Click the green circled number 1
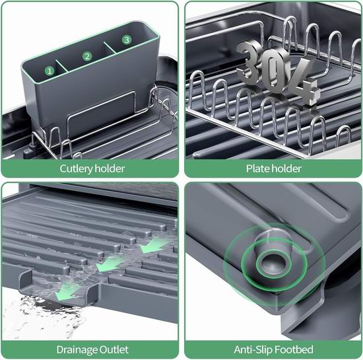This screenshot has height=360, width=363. (49, 71)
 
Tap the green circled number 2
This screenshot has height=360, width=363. (87, 56)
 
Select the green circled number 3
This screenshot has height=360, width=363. (127, 40)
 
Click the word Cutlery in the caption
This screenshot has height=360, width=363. (76, 168)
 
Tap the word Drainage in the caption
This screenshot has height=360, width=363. (77, 350)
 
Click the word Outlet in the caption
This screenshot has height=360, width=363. (114, 349)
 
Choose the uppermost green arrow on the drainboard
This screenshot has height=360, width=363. (153, 246)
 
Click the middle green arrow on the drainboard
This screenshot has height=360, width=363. (109, 264)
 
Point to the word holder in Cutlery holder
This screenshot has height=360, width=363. (110, 168)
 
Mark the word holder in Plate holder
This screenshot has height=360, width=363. (285, 168)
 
